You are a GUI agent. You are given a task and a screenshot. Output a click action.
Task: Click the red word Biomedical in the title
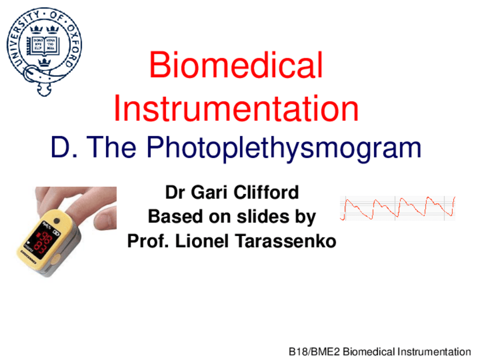(x=236, y=65)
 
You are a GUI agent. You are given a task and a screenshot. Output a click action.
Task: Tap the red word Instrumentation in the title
(x=236, y=108)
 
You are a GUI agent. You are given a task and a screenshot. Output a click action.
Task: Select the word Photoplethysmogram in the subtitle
(x=284, y=148)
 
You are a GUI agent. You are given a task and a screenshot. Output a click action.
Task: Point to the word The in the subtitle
(x=112, y=147)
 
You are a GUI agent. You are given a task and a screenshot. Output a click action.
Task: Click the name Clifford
(x=266, y=192)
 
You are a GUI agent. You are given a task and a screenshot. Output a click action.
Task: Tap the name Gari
(x=209, y=192)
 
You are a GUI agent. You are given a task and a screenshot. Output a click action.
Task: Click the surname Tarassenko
(x=286, y=241)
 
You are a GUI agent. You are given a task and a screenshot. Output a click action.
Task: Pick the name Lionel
(x=202, y=241)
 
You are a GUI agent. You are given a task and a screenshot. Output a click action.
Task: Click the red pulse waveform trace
(x=397, y=208)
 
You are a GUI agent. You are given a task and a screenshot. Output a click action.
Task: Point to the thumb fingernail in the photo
(x=104, y=220)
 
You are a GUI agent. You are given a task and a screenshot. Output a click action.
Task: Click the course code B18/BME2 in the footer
(x=314, y=352)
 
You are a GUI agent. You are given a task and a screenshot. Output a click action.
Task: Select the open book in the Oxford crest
(x=44, y=46)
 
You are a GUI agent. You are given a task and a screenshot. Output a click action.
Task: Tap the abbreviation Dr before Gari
(x=175, y=192)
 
